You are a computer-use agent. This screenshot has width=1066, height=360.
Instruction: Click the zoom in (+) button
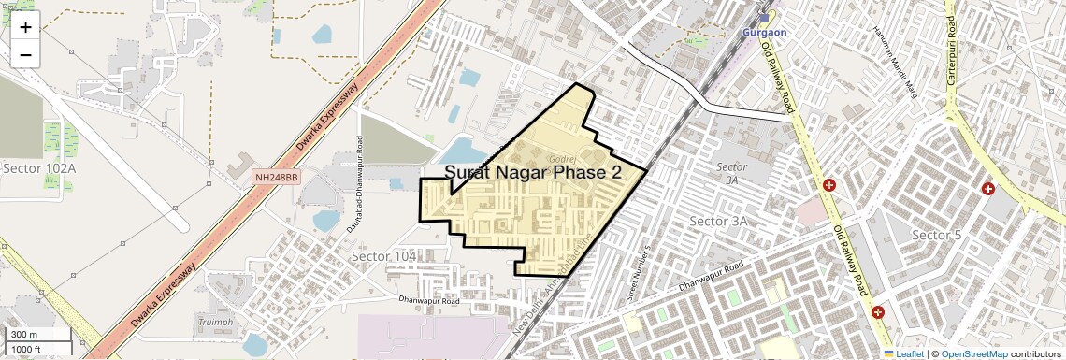(x=25, y=27)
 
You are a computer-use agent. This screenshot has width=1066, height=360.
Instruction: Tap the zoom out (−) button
(x=25, y=54)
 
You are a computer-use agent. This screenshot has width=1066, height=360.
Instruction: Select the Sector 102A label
(x=39, y=167)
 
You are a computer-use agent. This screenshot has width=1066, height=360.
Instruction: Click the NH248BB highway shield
(x=277, y=176)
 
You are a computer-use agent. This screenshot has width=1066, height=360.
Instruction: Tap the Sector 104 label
(x=383, y=256)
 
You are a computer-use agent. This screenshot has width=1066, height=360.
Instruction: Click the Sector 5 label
(x=936, y=234)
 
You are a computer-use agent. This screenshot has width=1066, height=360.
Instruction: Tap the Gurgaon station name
(x=765, y=31)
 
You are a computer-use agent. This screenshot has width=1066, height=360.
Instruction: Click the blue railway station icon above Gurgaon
(x=764, y=18)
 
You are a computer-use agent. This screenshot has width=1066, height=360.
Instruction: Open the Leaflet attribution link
(x=903, y=353)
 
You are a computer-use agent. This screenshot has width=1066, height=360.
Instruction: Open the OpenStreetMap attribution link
(x=973, y=353)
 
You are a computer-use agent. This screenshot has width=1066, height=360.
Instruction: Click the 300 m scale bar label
(x=24, y=335)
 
